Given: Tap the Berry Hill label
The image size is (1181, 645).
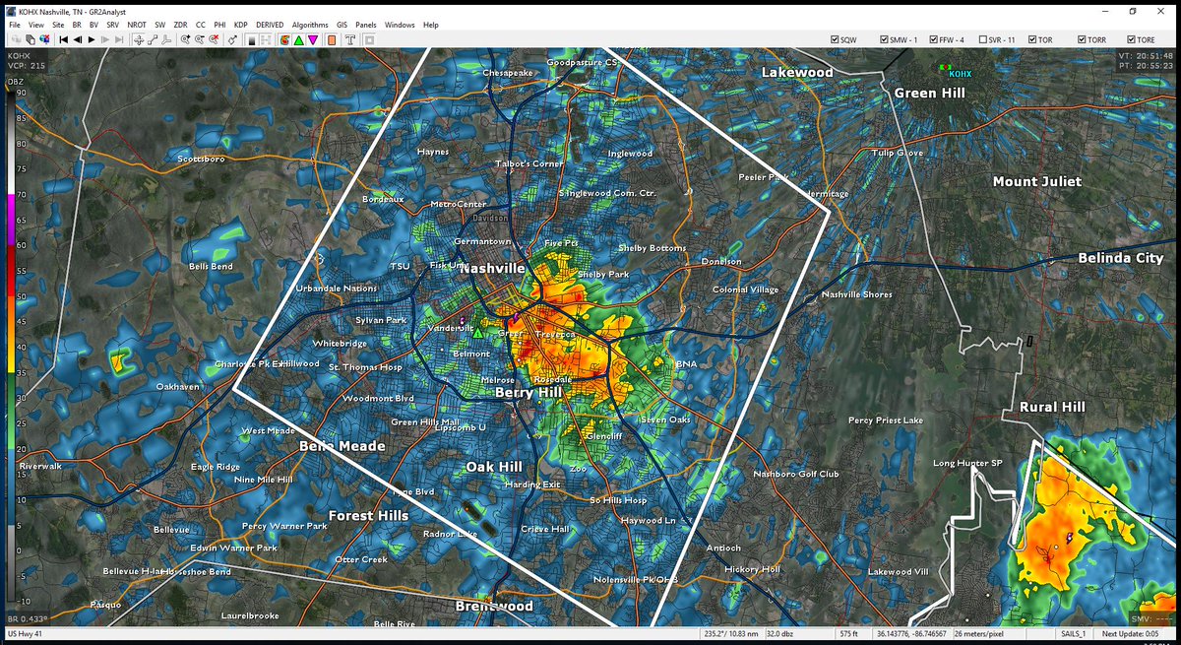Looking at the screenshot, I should (x=528, y=392).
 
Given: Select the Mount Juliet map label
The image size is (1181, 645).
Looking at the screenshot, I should (x=1036, y=181).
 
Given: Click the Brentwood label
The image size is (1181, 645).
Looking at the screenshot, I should (x=494, y=607).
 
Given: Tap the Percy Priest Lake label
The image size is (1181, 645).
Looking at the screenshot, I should (x=886, y=420).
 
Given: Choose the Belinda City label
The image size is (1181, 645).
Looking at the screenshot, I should (x=1120, y=257).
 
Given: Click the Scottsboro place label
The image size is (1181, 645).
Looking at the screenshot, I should (x=202, y=159).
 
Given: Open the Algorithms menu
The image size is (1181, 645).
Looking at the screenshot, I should (x=310, y=25).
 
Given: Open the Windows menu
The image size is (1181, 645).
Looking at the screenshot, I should (x=400, y=25).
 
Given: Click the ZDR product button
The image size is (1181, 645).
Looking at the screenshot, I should (x=180, y=25).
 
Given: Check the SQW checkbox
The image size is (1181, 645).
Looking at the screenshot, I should (x=835, y=39).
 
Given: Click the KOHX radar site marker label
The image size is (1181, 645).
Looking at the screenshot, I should (x=960, y=74).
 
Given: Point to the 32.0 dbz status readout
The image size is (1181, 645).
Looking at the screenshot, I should (x=780, y=632).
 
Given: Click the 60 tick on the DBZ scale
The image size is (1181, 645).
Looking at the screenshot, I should (x=22, y=245).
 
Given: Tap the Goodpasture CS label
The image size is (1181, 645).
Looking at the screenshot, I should (x=582, y=62).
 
